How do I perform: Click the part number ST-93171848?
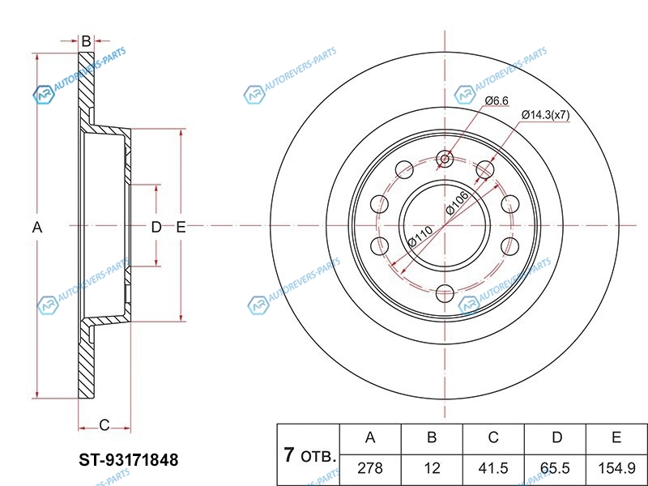coord(128,460)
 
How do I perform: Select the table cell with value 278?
coord(370,467)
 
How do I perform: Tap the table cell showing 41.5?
coord(492,467)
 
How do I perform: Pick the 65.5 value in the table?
coord(556,467)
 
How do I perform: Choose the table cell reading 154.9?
coord(616,467)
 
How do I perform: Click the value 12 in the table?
coord(432,467)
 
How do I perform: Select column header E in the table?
coord(616,438)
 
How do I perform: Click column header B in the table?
coord(432,438)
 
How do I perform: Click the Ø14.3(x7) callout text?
coord(545,115)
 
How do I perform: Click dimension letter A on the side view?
coord(36,228)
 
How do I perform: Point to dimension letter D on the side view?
coord(156,228)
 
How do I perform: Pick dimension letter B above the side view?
coord(85,40)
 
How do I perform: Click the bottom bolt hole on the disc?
coord(444,292)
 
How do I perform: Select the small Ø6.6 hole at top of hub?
coord(444,160)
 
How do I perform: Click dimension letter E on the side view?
coord(181,228)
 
